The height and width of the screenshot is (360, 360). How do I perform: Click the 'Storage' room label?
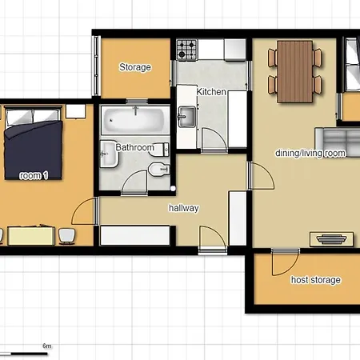click(x=134, y=67)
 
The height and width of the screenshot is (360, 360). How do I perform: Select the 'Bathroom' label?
click(x=134, y=148)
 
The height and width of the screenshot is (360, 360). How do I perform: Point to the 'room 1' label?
click(x=34, y=174)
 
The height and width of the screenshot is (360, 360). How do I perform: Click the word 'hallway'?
click(x=183, y=208)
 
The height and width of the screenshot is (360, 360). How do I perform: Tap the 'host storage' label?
click(x=315, y=280)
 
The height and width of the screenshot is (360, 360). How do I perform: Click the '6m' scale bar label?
click(x=47, y=346)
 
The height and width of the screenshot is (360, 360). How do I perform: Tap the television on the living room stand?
click(x=330, y=238)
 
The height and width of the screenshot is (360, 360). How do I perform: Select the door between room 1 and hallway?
click(x=83, y=212)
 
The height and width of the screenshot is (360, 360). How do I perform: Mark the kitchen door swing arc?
click(x=214, y=139)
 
